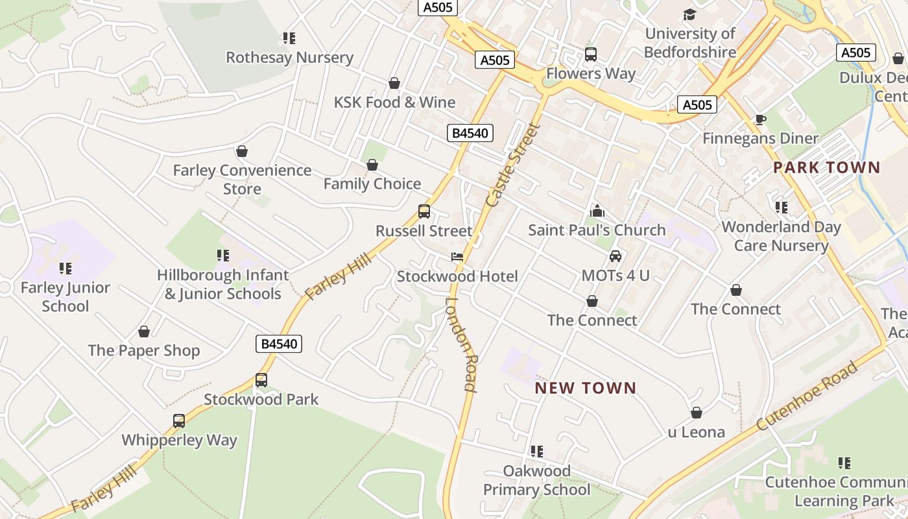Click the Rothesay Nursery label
pyautogui.click(x=289, y=57)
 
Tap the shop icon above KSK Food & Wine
pyautogui.click(x=394, y=83)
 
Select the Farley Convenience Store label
pyautogui.click(x=242, y=179)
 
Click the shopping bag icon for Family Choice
pyautogui.click(x=372, y=165)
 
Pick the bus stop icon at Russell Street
pyautogui.click(x=424, y=211)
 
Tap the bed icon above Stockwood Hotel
pyautogui.click(x=457, y=257)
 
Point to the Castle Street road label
pyautogui.click(x=512, y=165)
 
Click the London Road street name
pyautogui.click(x=462, y=344)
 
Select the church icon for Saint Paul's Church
pyautogui.click(x=597, y=211)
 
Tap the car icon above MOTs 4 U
pyautogui.click(x=615, y=256)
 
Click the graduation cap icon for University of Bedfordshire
pyautogui.click(x=689, y=14)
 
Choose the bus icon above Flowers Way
pyautogui.click(x=590, y=54)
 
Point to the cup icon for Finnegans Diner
pyautogui.click(x=760, y=119)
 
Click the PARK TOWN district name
pyautogui.click(x=826, y=167)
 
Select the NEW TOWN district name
pyautogui.click(x=585, y=388)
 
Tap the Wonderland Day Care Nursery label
pyautogui.click(x=781, y=236)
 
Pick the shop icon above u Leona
pyautogui.click(x=697, y=413)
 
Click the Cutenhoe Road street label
pyautogui.click(x=807, y=396)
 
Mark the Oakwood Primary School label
pyautogui.click(x=537, y=480)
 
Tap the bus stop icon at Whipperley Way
pyautogui.click(x=179, y=420)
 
